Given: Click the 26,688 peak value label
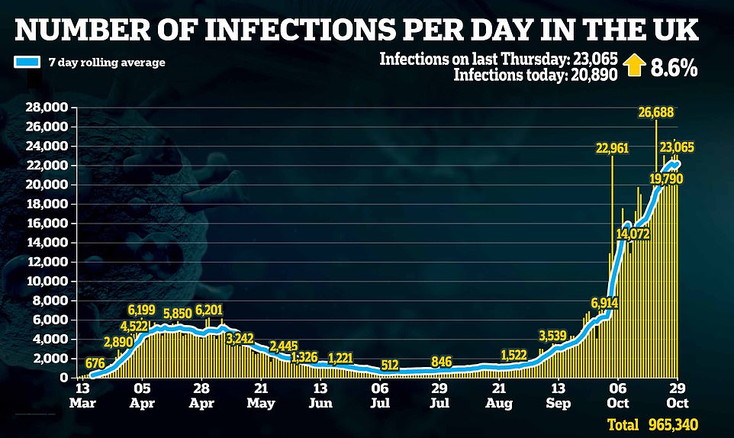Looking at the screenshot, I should (x=656, y=113).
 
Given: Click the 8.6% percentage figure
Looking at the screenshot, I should (x=674, y=66).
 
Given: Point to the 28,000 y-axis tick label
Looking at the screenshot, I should (x=46, y=107).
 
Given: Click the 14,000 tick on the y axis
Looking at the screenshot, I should (x=46, y=243).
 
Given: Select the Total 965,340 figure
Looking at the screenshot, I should (x=652, y=424).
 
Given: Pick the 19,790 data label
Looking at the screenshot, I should (x=666, y=179).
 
